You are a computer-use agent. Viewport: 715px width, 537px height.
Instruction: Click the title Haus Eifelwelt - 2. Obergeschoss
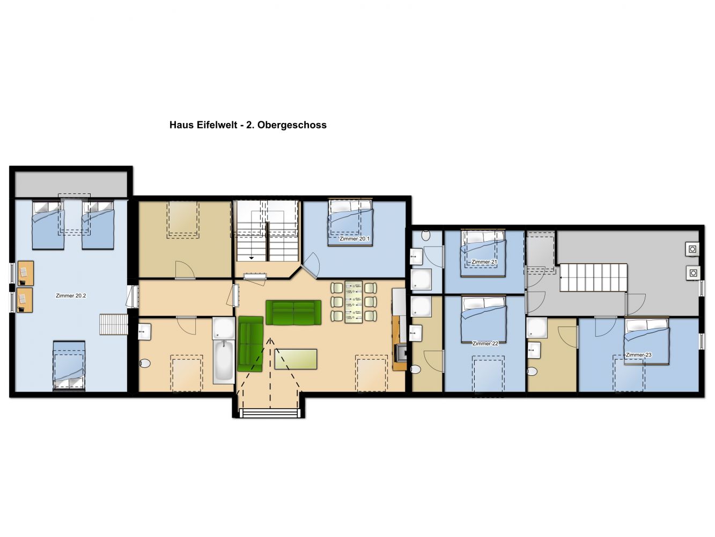[x=248, y=125]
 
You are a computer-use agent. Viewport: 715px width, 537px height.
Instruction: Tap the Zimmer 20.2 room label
[x=71, y=296]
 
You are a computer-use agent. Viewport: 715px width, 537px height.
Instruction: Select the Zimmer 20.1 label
[x=355, y=238]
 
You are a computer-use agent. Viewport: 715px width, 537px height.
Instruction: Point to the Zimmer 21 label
[x=484, y=262]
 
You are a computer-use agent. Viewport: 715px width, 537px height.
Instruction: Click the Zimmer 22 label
[x=485, y=343]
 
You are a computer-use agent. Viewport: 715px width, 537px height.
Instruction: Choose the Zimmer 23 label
[x=638, y=355]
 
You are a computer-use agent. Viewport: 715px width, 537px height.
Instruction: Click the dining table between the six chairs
[x=353, y=302]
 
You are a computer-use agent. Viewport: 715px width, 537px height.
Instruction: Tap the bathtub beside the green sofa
[x=224, y=361]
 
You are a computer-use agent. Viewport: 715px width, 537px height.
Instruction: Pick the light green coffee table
[x=296, y=359]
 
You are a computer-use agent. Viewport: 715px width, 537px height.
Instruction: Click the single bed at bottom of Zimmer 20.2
[x=69, y=366]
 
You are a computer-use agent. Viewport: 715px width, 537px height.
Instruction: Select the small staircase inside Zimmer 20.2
[x=114, y=324]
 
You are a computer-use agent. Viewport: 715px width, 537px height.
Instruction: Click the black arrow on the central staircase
[x=252, y=258]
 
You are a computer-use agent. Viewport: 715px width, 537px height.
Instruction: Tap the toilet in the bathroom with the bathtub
[x=145, y=363]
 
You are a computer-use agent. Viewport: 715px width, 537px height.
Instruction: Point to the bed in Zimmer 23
[x=646, y=341]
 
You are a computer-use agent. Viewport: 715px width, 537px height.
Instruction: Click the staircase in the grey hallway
[x=593, y=278]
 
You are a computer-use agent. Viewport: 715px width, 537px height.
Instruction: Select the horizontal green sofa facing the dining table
[x=293, y=313]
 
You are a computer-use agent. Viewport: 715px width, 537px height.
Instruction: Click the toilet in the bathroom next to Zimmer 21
[x=426, y=235]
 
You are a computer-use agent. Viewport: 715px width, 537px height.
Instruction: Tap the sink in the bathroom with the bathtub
[x=144, y=332]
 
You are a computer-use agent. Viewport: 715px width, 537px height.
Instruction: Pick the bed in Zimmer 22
[x=484, y=320]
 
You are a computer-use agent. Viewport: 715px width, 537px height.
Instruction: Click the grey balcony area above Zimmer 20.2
[x=71, y=184]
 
